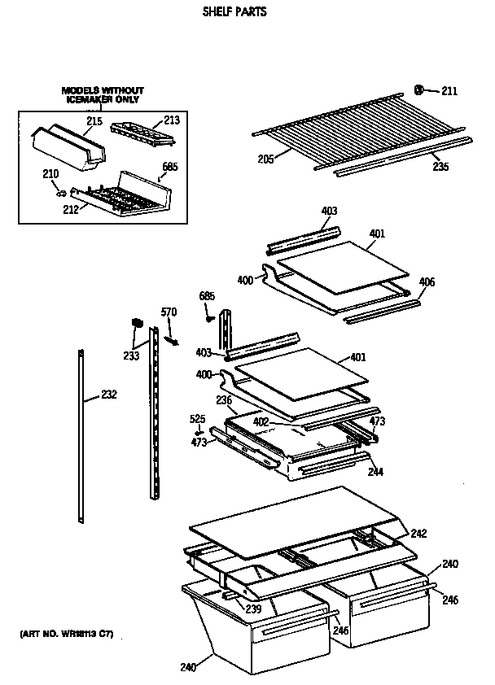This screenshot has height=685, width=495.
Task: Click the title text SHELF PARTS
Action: pyautogui.click(x=234, y=13)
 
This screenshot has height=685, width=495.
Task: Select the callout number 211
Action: pyautogui.click(x=449, y=90)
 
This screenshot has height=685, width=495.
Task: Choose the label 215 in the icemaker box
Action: pyautogui.click(x=94, y=121)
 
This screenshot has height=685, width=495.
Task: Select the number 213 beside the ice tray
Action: pyautogui.click(x=171, y=120)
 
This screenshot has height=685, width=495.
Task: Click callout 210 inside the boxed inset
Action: pyautogui.click(x=50, y=172)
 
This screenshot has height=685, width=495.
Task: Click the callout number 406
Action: pyautogui.click(x=427, y=282)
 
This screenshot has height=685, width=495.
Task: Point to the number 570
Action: pyautogui.click(x=168, y=312)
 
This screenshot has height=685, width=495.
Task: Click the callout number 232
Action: pyautogui.click(x=108, y=395)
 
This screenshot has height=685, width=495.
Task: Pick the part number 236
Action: pyautogui.click(x=225, y=400)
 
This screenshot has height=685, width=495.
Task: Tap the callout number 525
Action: pyautogui.click(x=196, y=418)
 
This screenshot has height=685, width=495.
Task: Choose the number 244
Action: pyautogui.click(x=375, y=472)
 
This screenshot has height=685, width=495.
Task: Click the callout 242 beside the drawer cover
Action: pyautogui.click(x=418, y=534)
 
